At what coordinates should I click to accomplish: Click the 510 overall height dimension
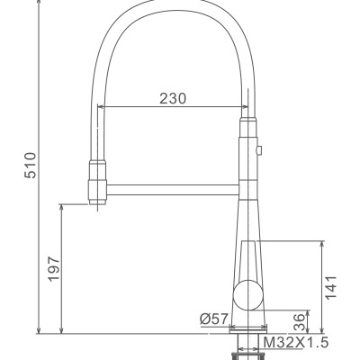(30, 165)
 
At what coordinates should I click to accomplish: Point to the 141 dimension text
(331, 287)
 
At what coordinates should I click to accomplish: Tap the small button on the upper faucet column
(259, 152)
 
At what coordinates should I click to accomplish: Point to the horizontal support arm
(171, 188)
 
